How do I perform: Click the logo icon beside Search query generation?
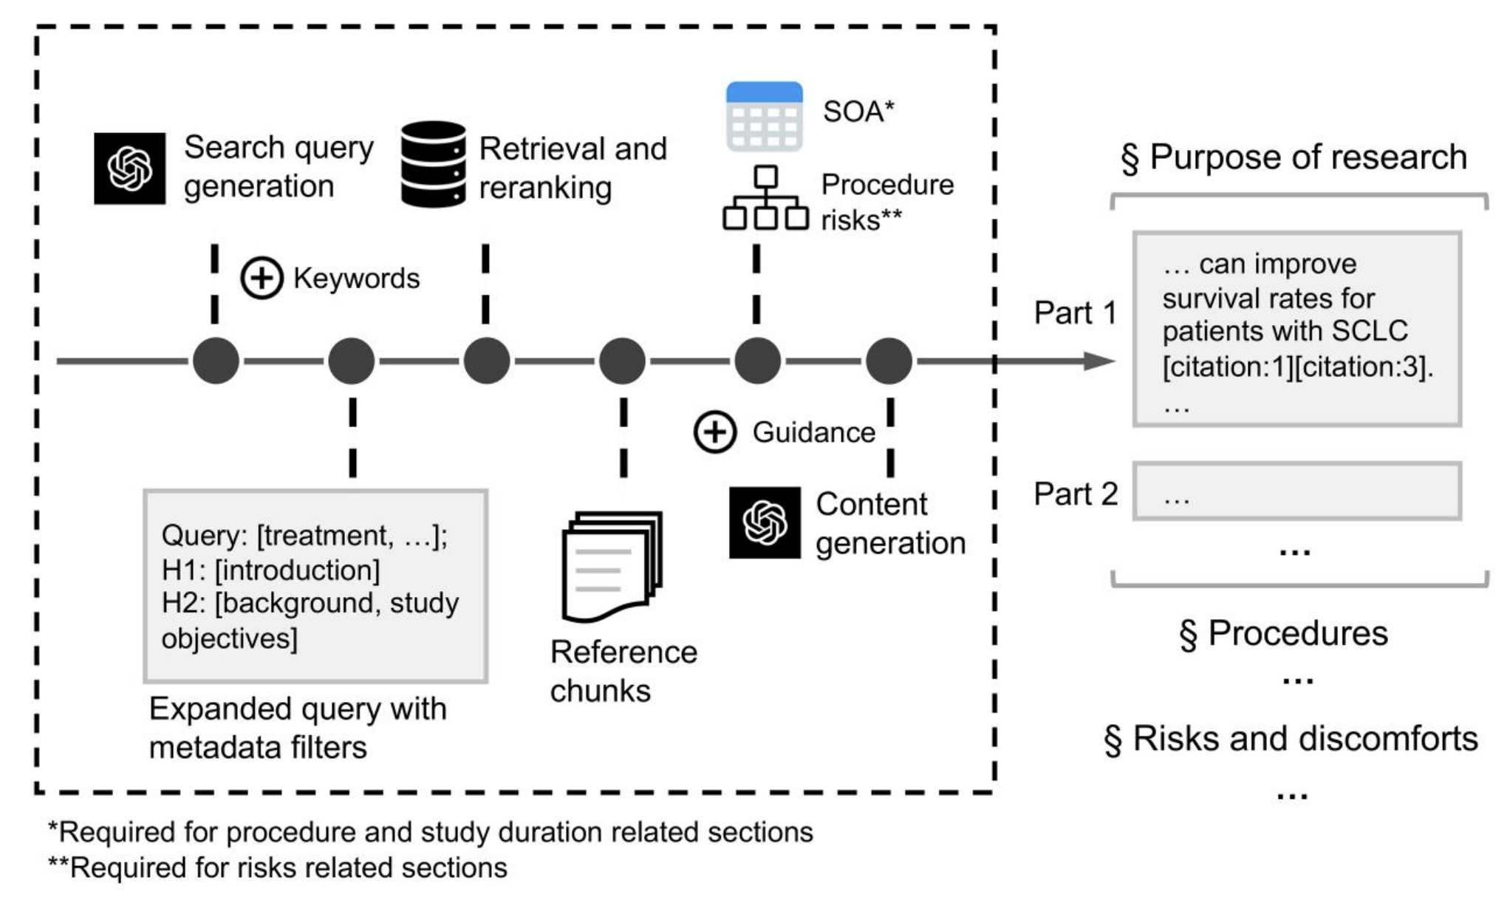click(129, 168)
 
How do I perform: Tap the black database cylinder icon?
click(433, 164)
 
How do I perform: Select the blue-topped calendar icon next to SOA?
click(764, 117)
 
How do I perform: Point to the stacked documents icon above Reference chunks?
click(612, 566)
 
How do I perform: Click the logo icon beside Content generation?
click(765, 522)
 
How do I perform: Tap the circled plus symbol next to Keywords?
click(262, 279)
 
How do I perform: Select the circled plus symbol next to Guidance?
click(714, 432)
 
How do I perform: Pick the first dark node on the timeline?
click(216, 361)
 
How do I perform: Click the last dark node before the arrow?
click(889, 361)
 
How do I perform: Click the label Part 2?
click(1076, 494)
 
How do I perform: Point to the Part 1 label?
click(1076, 313)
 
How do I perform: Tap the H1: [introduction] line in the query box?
click(270, 570)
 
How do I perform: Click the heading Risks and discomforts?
click(1291, 738)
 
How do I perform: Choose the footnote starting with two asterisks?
click(278, 868)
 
